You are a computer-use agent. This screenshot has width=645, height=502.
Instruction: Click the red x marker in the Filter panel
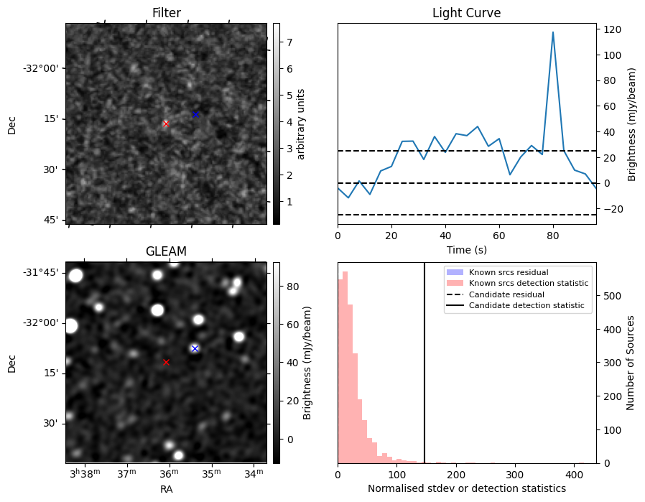[x=166, y=124]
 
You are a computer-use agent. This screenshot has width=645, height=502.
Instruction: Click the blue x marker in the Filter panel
[x=195, y=113]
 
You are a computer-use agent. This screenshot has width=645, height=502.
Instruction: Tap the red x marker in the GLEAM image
[x=166, y=362]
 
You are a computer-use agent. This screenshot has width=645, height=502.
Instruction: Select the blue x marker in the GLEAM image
[x=195, y=348]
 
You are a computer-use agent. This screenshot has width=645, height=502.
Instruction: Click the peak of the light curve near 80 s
[x=553, y=32]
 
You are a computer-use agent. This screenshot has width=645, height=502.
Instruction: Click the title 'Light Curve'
[x=466, y=13]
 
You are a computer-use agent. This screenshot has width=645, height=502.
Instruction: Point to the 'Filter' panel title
[x=167, y=13]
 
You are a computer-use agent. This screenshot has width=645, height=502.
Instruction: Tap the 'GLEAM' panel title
[x=166, y=251]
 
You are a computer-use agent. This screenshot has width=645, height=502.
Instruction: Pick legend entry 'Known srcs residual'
[x=509, y=272]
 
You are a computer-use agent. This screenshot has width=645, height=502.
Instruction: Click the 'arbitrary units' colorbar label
[x=301, y=124]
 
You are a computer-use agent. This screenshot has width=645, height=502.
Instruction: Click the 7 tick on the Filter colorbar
[x=289, y=42]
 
